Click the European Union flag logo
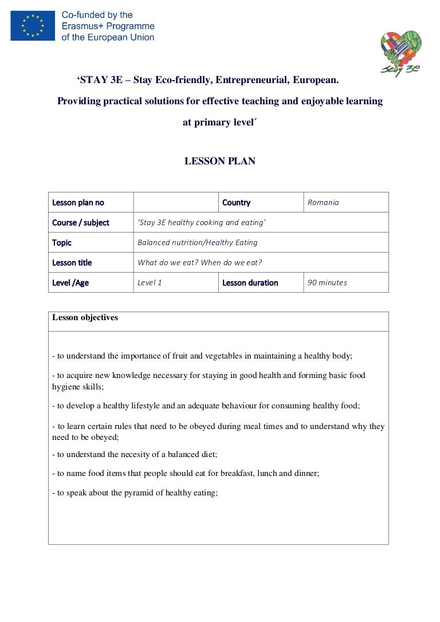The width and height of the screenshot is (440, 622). pyautogui.click(x=33, y=26)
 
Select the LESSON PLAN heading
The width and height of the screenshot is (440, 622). pyautogui.click(x=219, y=162)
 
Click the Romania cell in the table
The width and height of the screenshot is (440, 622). pyautogui.click(x=323, y=202)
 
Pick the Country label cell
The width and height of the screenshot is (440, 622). pyautogui.click(x=236, y=202)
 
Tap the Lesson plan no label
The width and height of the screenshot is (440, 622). pyautogui.click(x=78, y=202)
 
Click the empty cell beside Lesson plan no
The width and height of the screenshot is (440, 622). pyautogui.click(x=176, y=202)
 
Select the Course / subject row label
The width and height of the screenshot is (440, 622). pyautogui.click(x=80, y=222)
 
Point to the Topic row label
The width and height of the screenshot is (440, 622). pyautogui.click(x=62, y=242)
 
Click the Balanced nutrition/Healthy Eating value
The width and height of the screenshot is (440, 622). pyautogui.click(x=197, y=242)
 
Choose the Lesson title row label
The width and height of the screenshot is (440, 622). pyautogui.click(x=72, y=262)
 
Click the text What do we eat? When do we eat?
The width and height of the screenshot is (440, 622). pyautogui.click(x=199, y=262)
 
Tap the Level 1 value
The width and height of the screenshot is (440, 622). pyautogui.click(x=150, y=282)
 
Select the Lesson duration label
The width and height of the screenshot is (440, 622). pyautogui.click(x=250, y=282)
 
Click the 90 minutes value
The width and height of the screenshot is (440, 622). pyautogui.click(x=327, y=282)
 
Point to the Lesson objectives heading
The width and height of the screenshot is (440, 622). pyautogui.click(x=85, y=317)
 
